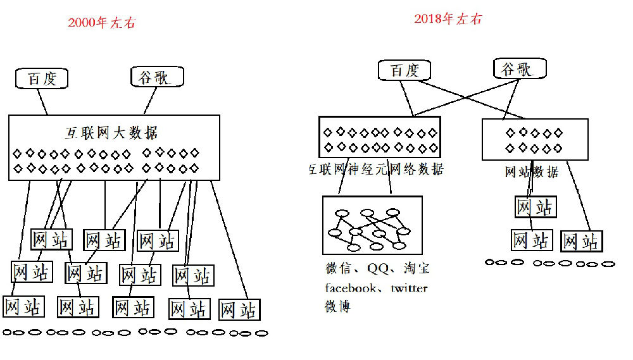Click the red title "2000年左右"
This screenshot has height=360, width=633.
(101, 23)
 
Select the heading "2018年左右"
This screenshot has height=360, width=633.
(448, 19)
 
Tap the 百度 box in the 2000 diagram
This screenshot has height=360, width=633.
(42, 78)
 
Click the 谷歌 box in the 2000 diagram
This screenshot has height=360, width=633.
(158, 77)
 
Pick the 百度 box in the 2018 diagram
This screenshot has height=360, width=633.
(404, 70)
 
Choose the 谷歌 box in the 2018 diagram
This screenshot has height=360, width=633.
(520, 68)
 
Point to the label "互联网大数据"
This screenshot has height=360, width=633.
(111, 133)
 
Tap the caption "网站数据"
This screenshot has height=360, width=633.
(531, 171)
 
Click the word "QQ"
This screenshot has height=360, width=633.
(377, 269)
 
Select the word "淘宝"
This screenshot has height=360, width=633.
(416, 269)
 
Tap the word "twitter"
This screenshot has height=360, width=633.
(408, 289)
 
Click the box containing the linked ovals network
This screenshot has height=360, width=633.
(372, 225)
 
